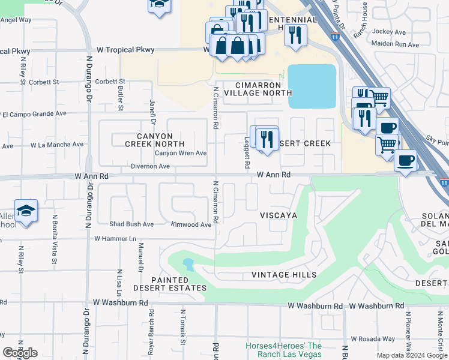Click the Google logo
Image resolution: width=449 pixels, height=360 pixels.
pos(20,353)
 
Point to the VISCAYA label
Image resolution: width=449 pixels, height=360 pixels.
pos(279,215)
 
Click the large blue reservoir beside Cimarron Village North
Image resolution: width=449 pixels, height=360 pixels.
pos(312,86)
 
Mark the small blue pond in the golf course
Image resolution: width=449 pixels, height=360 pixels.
pos(188,264)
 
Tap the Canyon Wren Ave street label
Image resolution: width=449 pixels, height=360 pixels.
pos(181,153)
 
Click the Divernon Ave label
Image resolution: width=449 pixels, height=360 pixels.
pos(151,167)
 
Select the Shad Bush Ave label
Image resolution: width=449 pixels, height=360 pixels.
pos(131,224)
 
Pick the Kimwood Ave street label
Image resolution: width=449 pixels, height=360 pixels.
pos(191,224)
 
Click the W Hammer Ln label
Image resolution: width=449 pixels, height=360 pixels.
pos(116,238)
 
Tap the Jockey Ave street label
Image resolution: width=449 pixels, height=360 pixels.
pos(389,31)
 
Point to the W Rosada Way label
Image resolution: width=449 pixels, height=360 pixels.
pos(373,338)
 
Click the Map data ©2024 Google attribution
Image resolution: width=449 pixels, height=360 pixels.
pos(411,355)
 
